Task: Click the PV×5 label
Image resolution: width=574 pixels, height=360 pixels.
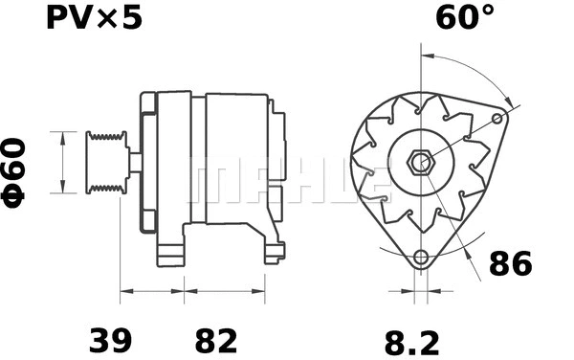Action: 94,18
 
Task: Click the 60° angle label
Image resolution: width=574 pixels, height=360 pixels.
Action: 466,17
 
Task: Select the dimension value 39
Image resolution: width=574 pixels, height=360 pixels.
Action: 111,340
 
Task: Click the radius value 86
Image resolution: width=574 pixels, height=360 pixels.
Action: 510,263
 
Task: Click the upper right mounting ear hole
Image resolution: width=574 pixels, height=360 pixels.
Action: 497,119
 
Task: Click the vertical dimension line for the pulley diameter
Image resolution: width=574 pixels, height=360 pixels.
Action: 63,162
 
